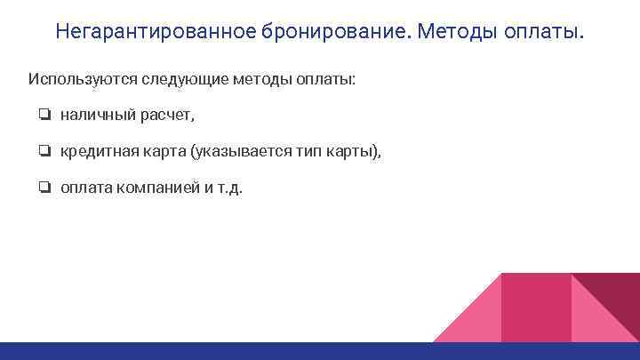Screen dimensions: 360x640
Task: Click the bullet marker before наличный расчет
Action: click(x=44, y=116)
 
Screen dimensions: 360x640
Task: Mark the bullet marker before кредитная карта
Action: click(x=44, y=152)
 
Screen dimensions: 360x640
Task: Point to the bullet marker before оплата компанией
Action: click(x=44, y=188)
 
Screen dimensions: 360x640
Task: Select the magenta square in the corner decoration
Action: click(x=536, y=308)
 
